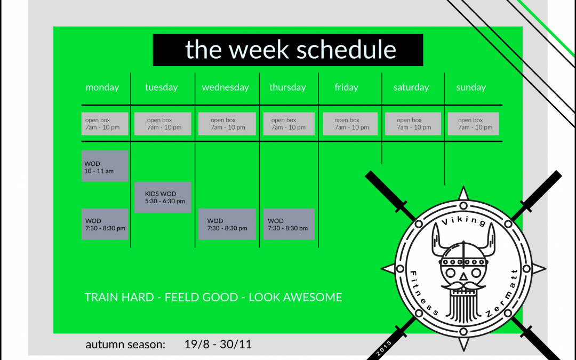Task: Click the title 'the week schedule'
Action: coord(291,50)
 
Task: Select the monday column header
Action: coord(102,87)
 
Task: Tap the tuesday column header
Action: coord(161,87)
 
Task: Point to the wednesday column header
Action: coord(225,87)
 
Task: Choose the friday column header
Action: coord(347,87)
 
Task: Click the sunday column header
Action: coord(471,87)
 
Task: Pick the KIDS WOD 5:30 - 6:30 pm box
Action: coord(163,197)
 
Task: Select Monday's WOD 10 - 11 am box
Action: coord(105,166)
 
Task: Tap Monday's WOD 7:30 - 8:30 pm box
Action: coord(105,224)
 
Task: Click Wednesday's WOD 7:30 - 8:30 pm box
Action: coord(227,224)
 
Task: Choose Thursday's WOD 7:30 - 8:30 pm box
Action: coord(289,224)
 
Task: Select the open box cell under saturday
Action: coord(413,124)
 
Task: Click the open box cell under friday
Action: coord(350,124)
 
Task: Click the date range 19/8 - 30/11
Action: coord(218,344)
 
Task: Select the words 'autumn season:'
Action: coord(125,345)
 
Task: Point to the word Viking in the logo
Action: coord(463,220)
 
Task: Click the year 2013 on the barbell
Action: coord(384,348)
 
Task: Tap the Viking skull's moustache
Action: coord(463,285)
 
